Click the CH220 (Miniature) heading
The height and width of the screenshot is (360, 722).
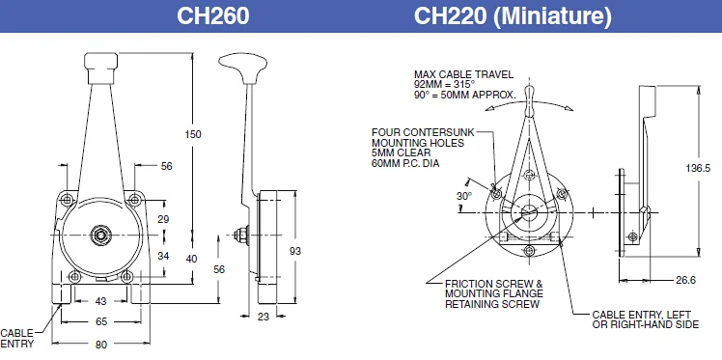pyautogui.click(x=512, y=16)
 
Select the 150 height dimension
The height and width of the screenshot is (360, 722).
pyautogui.click(x=193, y=134)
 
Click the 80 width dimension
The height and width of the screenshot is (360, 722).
pyautogui.click(x=99, y=341)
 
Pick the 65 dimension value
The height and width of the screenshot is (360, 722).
pyautogui.click(x=99, y=321)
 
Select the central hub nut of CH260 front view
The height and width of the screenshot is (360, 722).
pyautogui.click(x=99, y=235)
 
